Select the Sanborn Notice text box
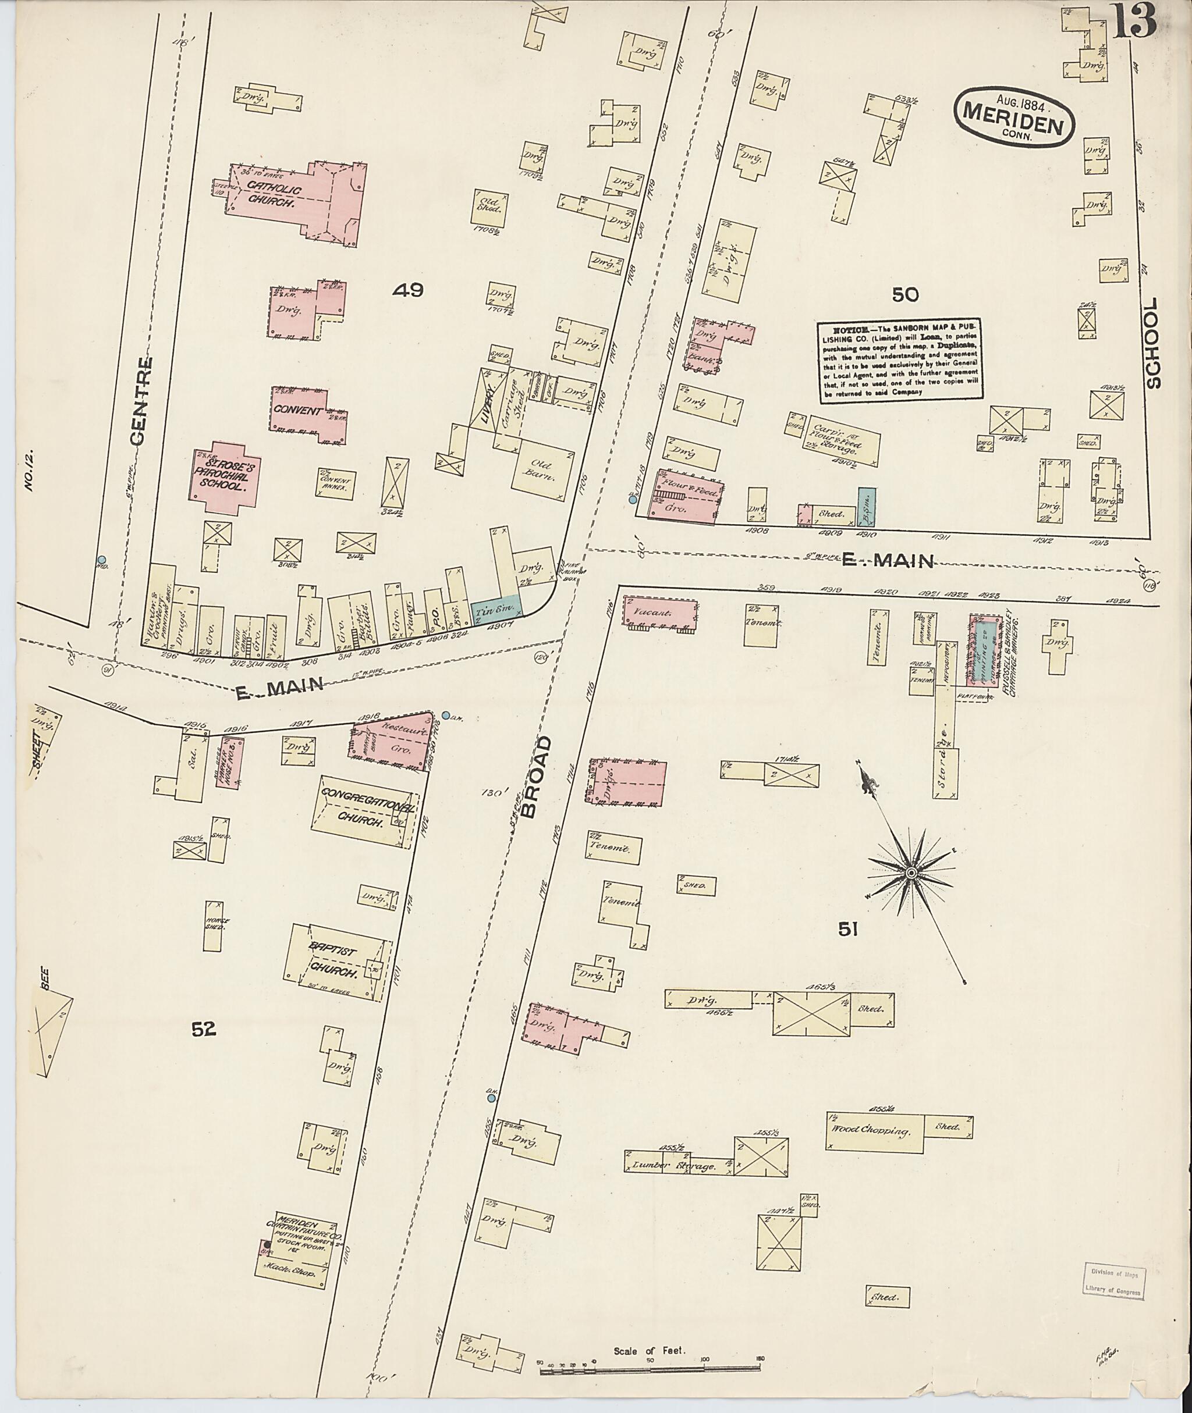(x=901, y=361)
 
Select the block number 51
(x=848, y=930)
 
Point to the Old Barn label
(x=542, y=470)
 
